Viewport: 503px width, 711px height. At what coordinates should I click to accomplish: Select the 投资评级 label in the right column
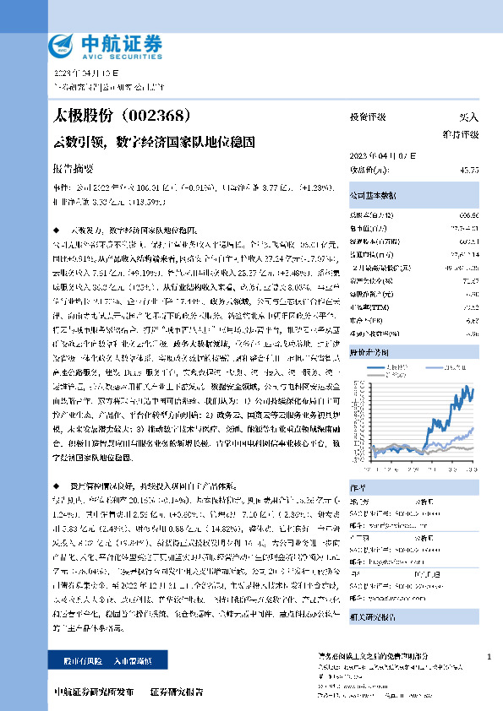click(x=367, y=117)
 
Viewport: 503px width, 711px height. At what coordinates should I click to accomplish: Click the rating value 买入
click(x=468, y=117)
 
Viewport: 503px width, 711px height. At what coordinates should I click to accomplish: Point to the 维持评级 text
click(x=461, y=134)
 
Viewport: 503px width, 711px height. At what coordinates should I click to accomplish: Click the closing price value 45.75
click(x=469, y=170)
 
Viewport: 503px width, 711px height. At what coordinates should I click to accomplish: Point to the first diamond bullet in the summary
click(x=56, y=230)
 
